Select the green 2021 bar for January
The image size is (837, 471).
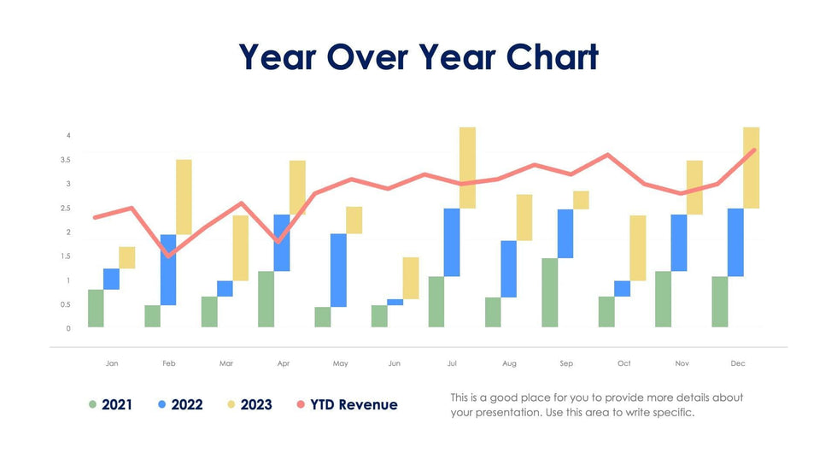(96, 309)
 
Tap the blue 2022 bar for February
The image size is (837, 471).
(168, 269)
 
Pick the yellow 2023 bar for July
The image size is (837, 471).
(467, 168)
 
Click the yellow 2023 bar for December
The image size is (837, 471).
(751, 168)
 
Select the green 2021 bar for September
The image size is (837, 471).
(550, 292)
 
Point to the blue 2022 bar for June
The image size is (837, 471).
(395, 302)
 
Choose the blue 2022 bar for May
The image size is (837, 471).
(338, 270)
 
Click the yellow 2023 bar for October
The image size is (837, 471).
(637, 248)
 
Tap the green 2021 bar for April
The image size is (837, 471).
(266, 299)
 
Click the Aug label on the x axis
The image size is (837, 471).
(509, 363)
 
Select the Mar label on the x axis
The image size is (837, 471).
(225, 363)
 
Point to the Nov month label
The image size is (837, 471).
(682, 363)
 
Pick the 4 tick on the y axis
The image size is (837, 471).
(68, 136)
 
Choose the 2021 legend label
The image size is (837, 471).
(117, 404)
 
